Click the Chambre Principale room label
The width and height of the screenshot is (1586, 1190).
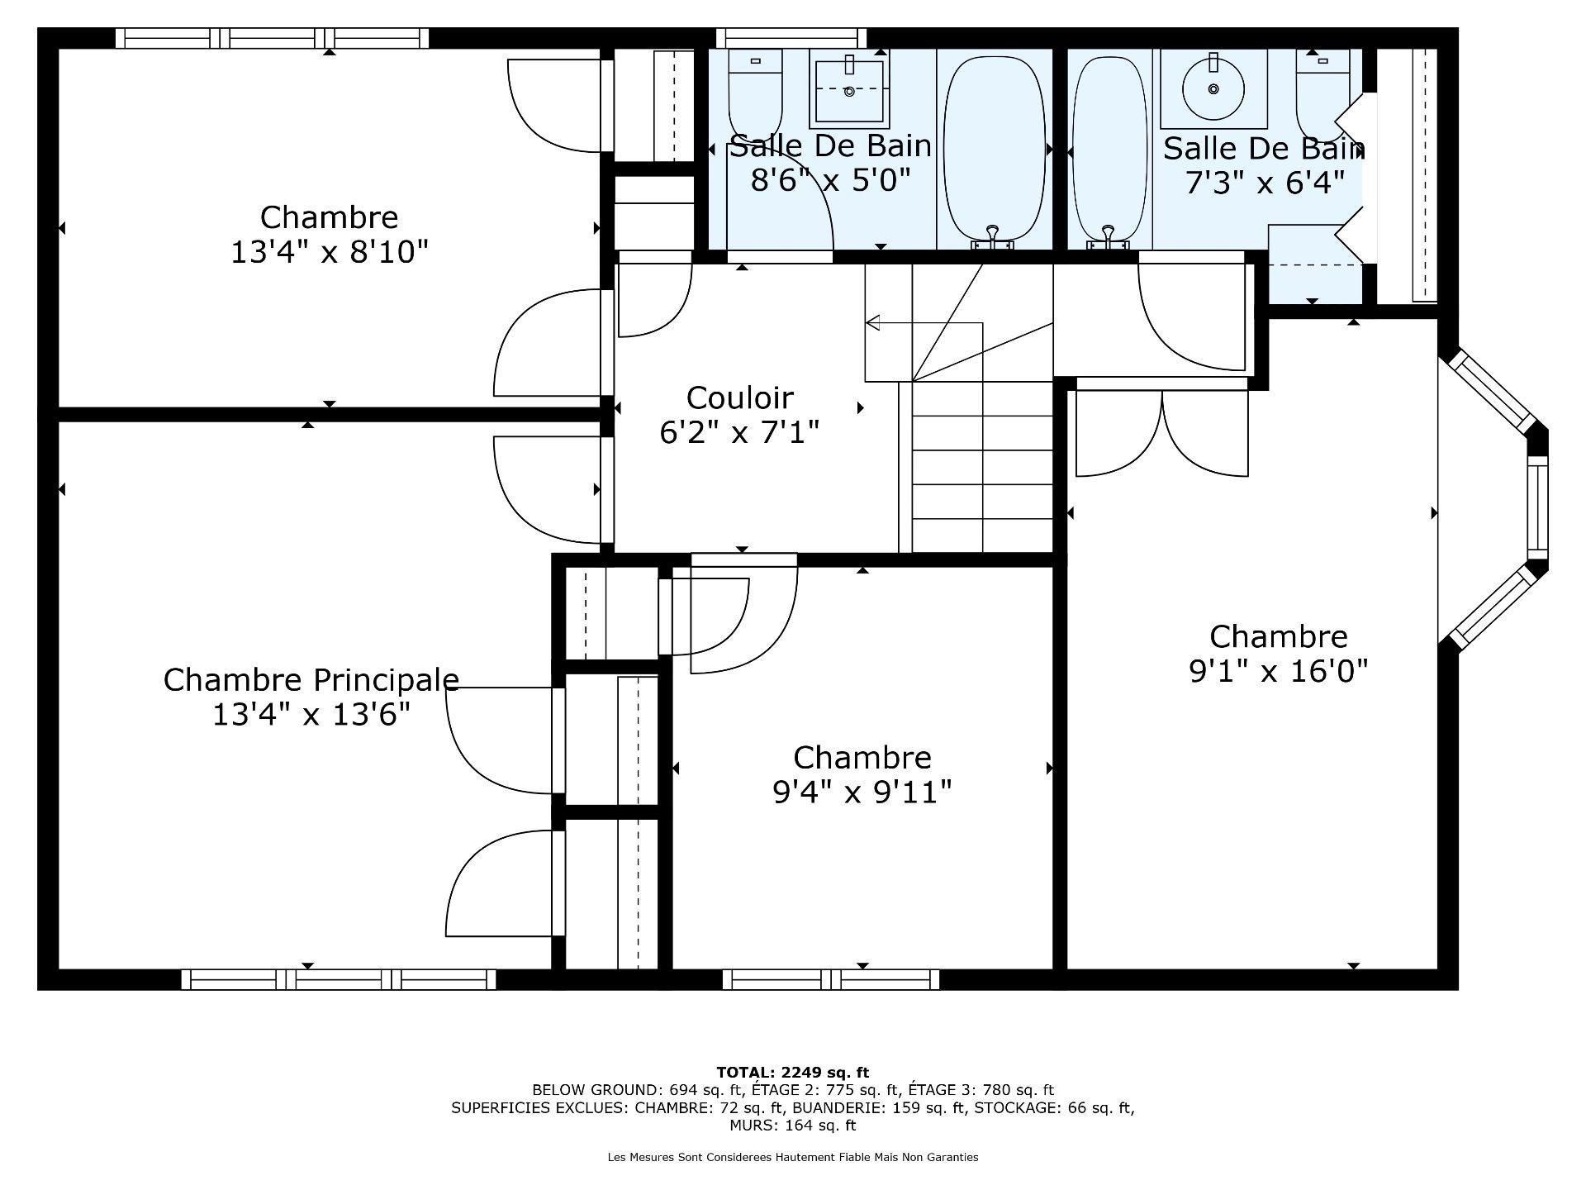(x=311, y=679)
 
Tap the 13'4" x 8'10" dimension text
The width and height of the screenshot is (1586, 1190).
(x=329, y=252)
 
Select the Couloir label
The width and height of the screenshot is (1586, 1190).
(x=739, y=397)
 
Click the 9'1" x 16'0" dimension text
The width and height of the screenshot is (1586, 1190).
(x=1279, y=671)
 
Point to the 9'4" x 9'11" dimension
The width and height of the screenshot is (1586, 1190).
(x=862, y=793)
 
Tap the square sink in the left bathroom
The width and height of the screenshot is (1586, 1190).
(x=850, y=89)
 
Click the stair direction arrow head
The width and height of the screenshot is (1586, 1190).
(x=872, y=322)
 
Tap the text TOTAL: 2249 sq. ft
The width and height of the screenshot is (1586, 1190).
(x=792, y=1073)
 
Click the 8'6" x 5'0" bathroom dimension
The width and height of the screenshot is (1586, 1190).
(x=830, y=179)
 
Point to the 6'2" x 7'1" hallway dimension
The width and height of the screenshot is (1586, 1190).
(x=739, y=432)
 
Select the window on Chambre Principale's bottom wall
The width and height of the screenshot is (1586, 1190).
(x=339, y=979)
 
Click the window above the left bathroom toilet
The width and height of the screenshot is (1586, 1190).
(x=791, y=38)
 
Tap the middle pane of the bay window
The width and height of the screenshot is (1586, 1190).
(x=1536, y=507)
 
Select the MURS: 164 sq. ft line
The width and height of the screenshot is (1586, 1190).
(x=792, y=1126)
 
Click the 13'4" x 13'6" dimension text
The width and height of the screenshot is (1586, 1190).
(x=311, y=714)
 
